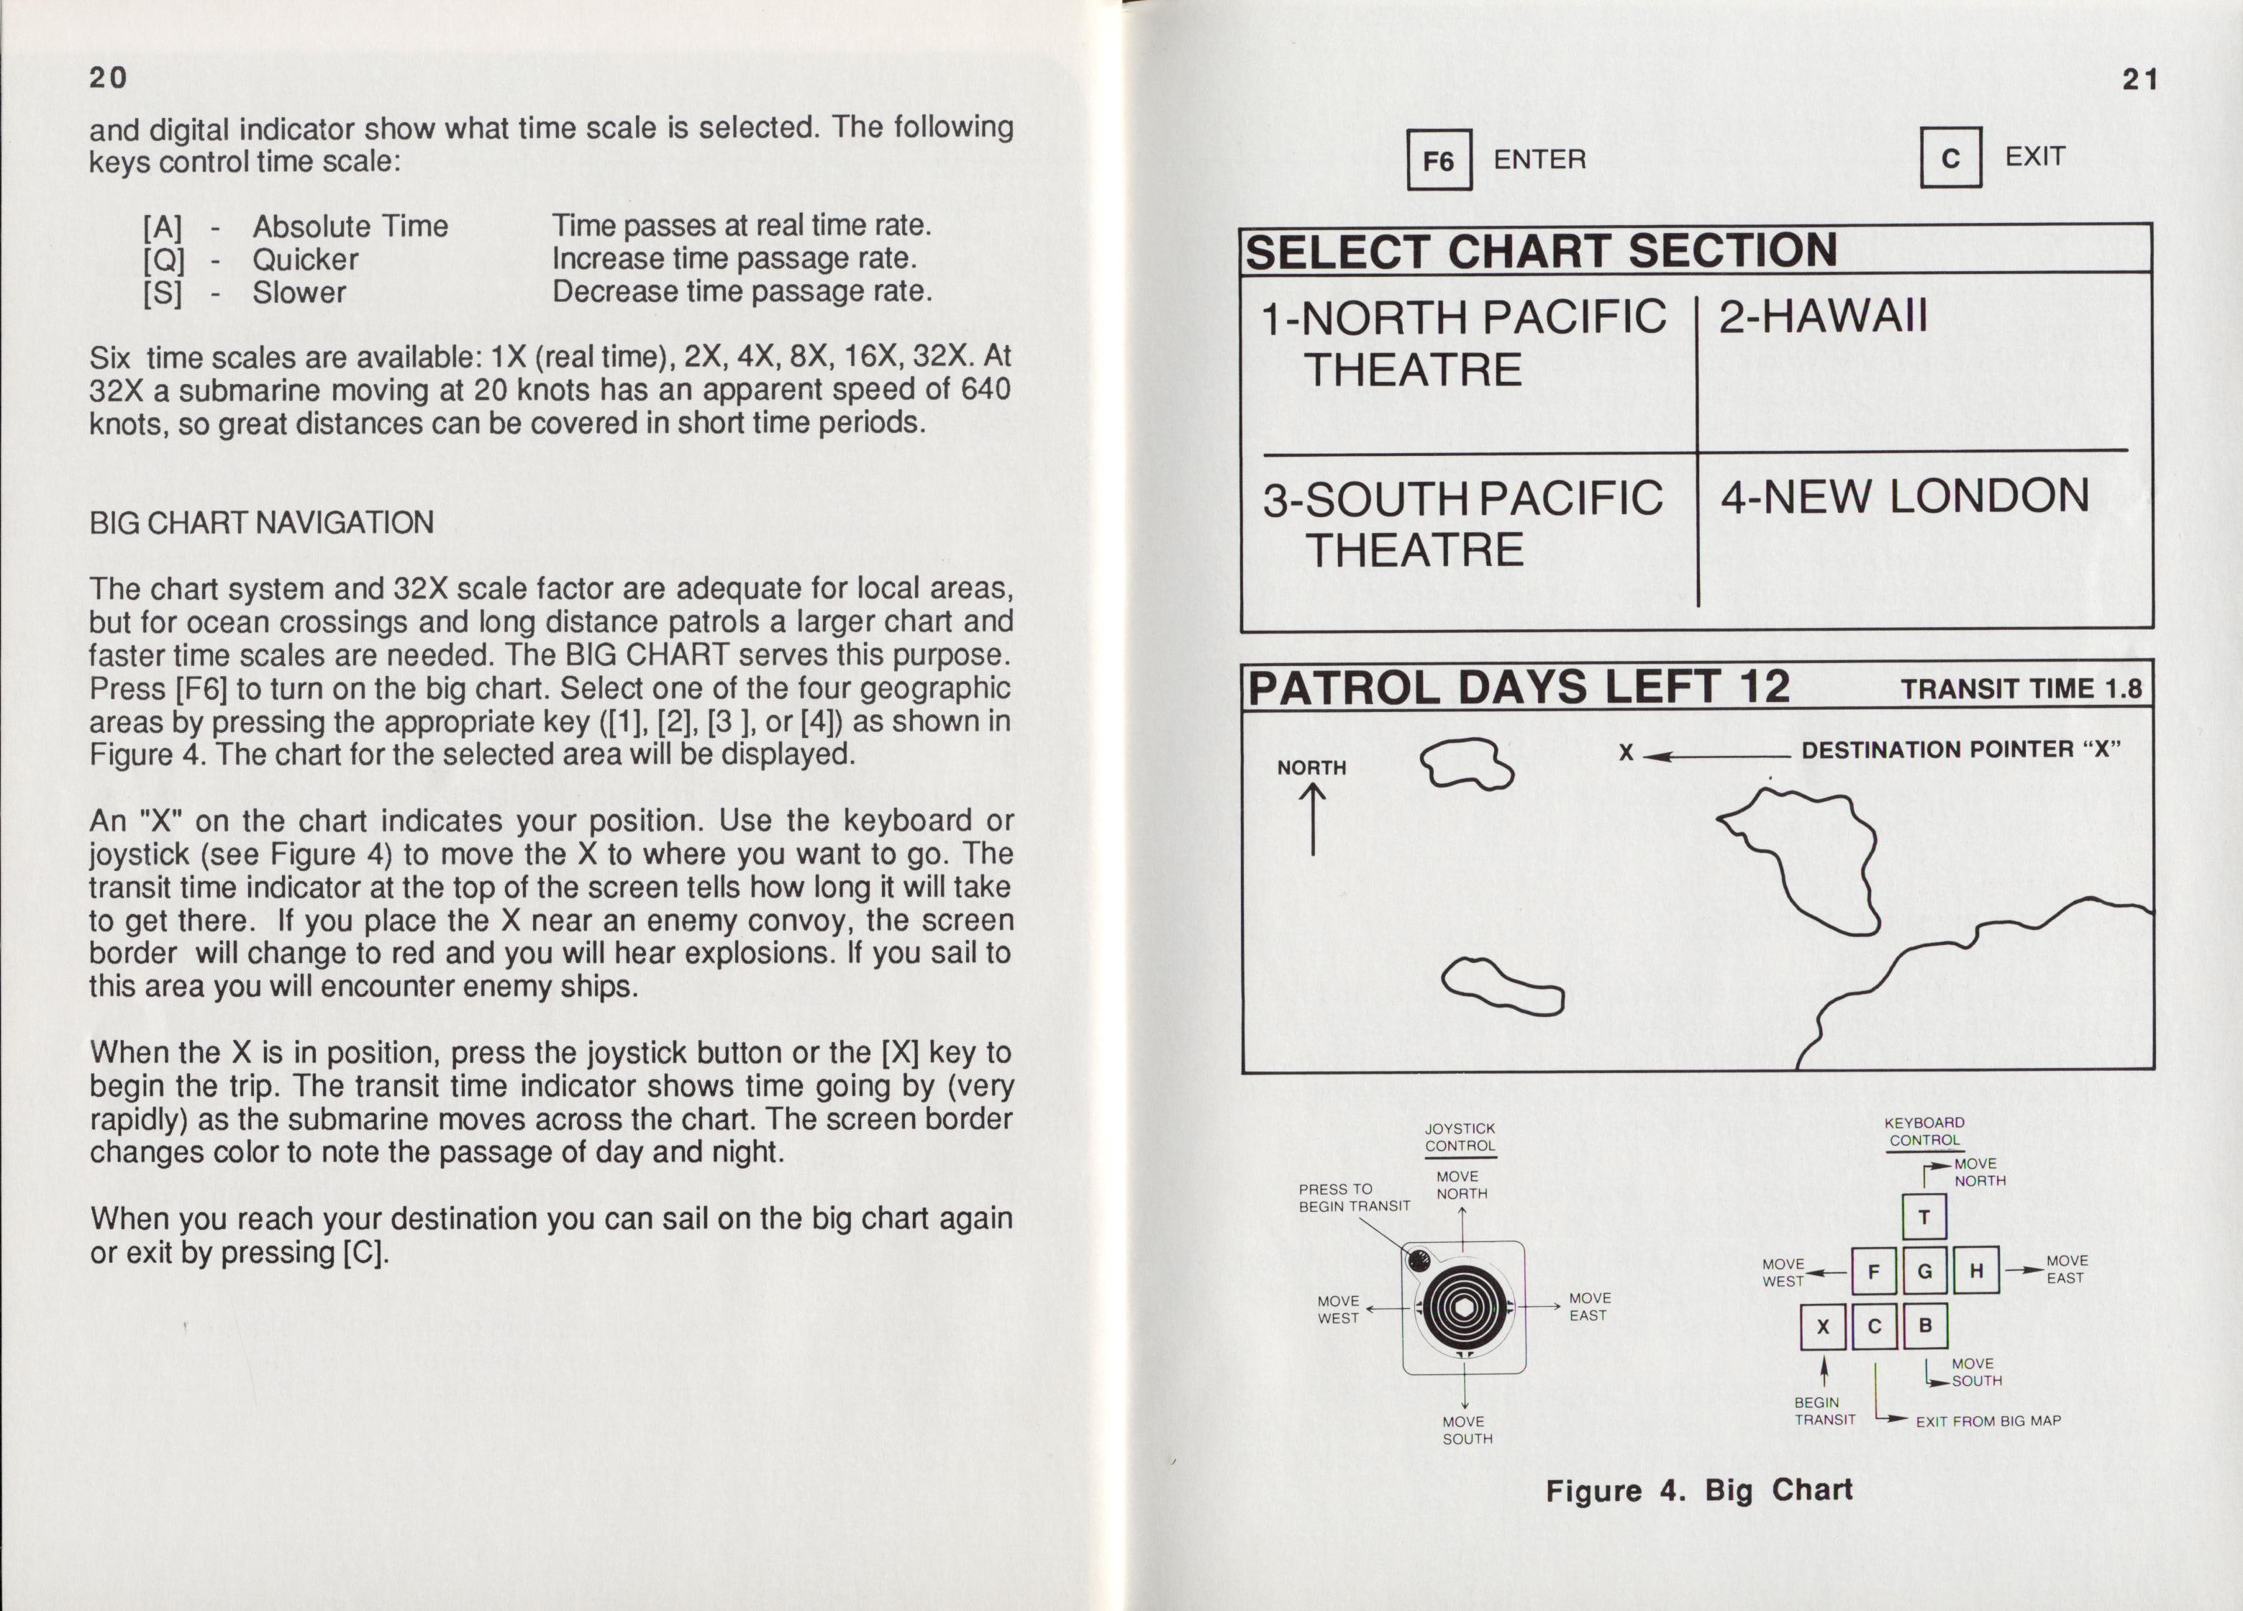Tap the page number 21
click(2140, 80)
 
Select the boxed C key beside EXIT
click(1950, 158)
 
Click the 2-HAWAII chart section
click(1823, 317)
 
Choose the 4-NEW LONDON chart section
click(1903, 496)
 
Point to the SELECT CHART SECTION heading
click(1541, 251)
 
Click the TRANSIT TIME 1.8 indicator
click(2021, 689)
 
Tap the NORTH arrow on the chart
click(1312, 819)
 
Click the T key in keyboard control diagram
click(1924, 1218)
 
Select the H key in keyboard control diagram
click(1976, 1271)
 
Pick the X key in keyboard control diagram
click(1823, 1327)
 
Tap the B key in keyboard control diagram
click(1924, 1325)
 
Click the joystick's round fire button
click(1418, 1261)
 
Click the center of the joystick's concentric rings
click(1462, 1308)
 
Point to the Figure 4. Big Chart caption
click(1698, 1490)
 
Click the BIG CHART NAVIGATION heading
click(261, 522)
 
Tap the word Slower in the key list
click(299, 293)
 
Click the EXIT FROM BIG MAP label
click(1988, 1421)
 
